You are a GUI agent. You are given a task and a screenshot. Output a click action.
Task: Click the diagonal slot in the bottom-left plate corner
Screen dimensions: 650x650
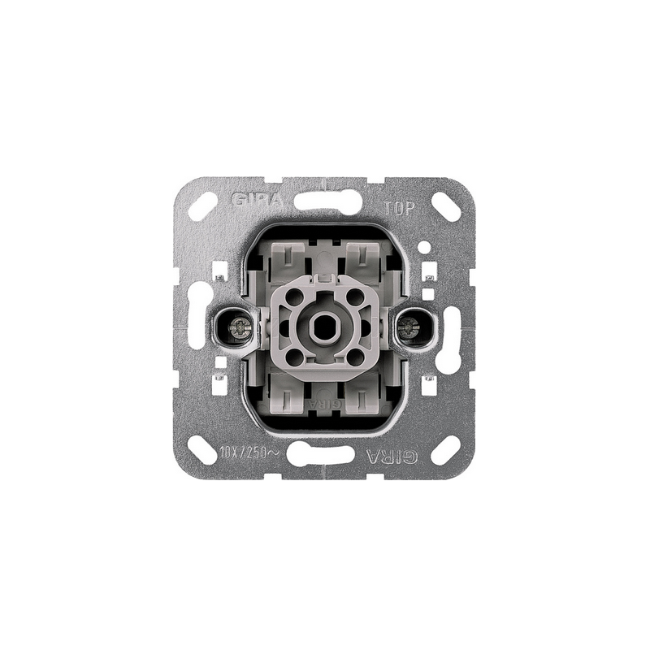pos(202,449)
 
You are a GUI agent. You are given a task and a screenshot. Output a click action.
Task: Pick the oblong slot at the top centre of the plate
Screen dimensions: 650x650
pos(324,200)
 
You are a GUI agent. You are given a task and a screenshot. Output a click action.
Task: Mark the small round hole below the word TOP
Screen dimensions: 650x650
pos(425,245)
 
